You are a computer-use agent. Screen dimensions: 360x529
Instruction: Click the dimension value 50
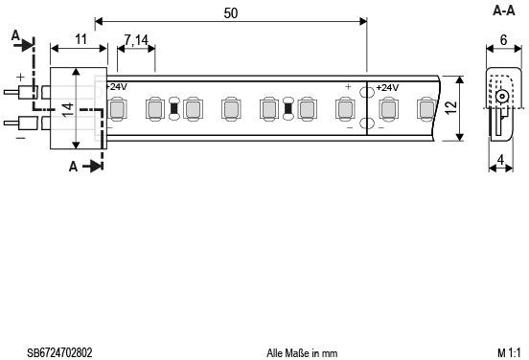coord(230,13)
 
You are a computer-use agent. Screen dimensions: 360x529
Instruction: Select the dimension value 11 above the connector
coord(80,38)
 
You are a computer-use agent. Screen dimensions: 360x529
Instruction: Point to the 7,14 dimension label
coord(137,39)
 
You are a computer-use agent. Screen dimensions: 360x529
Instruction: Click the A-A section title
coord(504,11)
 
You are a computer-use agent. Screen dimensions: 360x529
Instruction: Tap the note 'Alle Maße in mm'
coord(302,353)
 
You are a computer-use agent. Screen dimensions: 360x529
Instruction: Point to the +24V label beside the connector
coord(115,87)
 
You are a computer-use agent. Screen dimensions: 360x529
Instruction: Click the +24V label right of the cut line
coord(386,88)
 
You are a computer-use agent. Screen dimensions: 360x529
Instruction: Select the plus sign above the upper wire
coord(20,79)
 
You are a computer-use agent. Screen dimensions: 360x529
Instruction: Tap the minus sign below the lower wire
coord(20,138)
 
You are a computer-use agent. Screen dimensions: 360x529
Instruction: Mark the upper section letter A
coord(15,34)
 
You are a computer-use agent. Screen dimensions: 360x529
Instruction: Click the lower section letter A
coord(74,166)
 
